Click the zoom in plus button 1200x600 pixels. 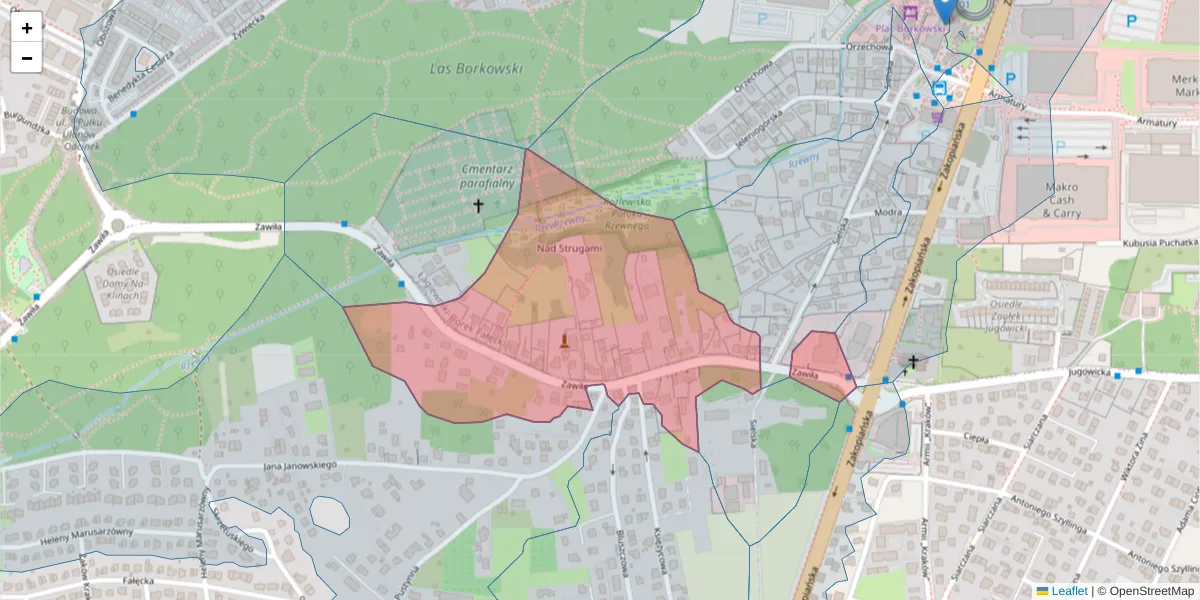27,28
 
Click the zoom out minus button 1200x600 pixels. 27,58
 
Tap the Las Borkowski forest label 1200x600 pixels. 476,69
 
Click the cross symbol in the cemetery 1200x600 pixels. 478,207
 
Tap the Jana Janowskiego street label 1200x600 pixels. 300,466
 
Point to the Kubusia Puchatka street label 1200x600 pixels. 1160,242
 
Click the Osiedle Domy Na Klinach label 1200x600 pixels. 116,293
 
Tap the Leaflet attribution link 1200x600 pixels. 1068,591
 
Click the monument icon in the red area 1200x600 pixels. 566,342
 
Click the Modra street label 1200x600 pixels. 888,213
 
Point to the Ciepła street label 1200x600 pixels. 975,437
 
